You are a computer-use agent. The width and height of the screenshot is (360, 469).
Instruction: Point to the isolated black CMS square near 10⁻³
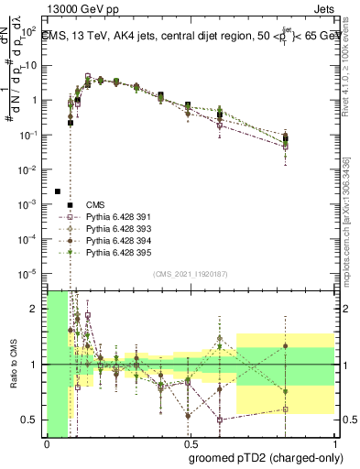58,191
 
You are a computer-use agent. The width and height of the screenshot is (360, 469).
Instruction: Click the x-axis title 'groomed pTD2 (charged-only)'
261,457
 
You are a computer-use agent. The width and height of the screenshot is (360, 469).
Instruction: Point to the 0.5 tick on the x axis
191,443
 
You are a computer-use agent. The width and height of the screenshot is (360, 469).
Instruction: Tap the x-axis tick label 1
336,443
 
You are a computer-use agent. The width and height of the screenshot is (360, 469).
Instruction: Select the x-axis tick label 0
47,443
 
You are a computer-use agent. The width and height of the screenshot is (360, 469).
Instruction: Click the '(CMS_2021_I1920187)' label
191,274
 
